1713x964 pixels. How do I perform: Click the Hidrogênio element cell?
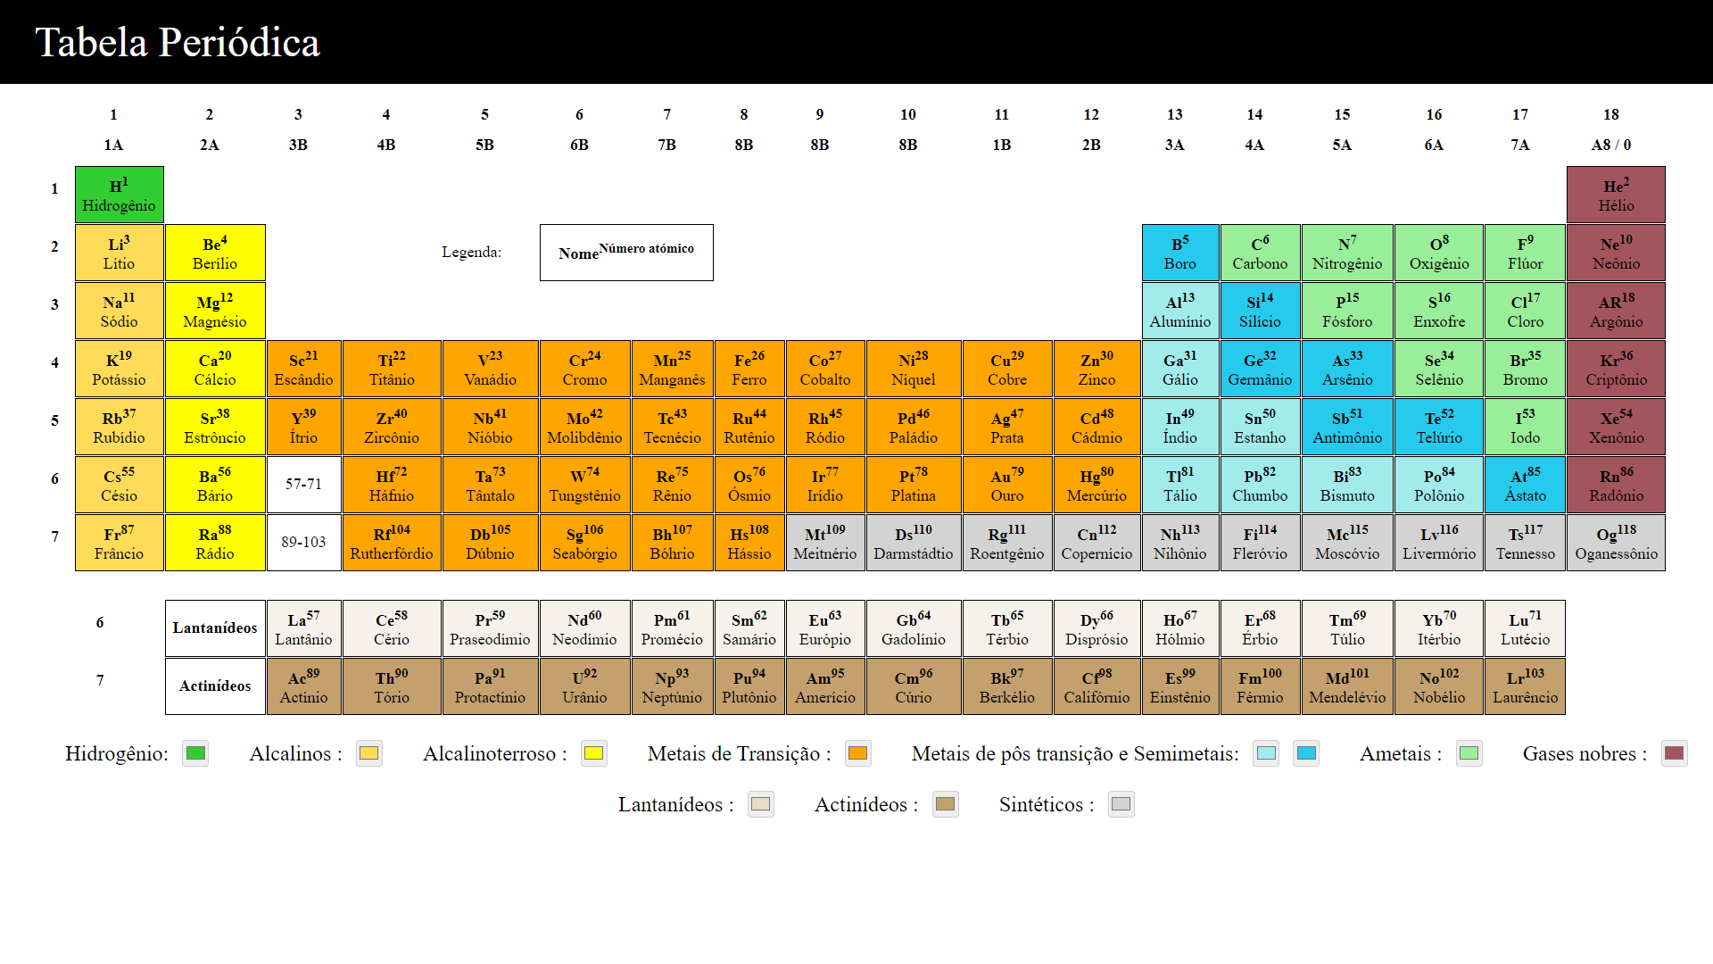[x=119, y=195]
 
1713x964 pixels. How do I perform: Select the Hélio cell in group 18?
[x=1615, y=195]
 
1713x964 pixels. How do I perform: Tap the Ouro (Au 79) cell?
[x=1006, y=485]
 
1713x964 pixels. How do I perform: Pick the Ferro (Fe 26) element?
[x=749, y=369]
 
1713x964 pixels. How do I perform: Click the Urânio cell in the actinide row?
[x=584, y=686]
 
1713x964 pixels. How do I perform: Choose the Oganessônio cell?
[x=1615, y=543]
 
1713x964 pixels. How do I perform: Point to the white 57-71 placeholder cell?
[x=303, y=485]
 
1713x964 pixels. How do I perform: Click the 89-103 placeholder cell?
[x=303, y=543]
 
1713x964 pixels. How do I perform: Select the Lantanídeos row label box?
[x=215, y=628]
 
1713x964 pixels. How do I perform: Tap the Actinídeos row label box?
[x=215, y=686]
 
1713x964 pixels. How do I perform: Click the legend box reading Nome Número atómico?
[x=625, y=253]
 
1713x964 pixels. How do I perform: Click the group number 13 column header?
[x=1174, y=114]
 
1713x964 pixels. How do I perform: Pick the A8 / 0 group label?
[x=1610, y=145]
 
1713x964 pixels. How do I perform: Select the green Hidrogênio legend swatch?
[x=195, y=753]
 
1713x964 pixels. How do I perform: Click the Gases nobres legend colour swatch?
[x=1674, y=753]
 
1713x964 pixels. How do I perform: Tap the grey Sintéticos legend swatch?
[x=1121, y=804]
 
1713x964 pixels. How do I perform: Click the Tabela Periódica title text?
[x=177, y=42]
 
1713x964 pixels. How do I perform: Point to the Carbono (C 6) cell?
[x=1259, y=253]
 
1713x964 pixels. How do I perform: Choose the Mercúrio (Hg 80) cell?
[x=1096, y=485]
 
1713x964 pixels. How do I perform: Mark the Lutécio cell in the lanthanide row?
[x=1524, y=628]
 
